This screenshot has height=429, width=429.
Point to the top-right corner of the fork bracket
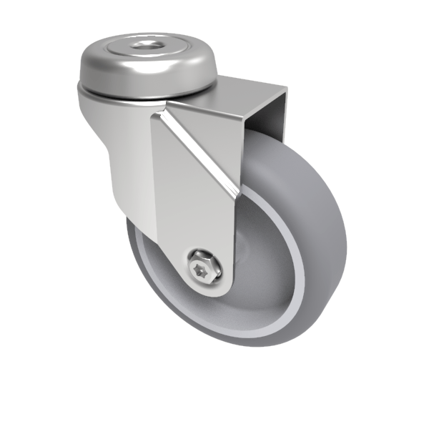(286, 87)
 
